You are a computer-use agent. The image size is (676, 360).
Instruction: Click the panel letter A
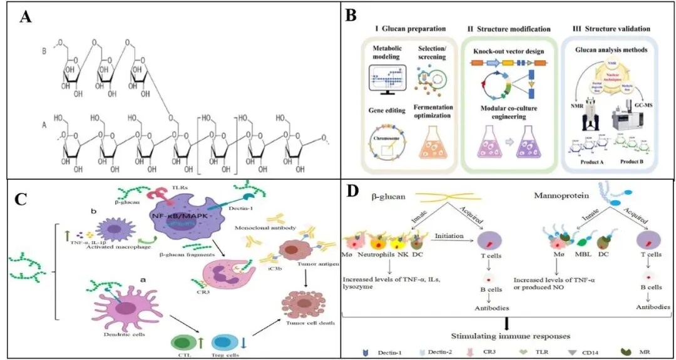pos(26,17)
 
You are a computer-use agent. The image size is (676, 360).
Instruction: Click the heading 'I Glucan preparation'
pos(410,29)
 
